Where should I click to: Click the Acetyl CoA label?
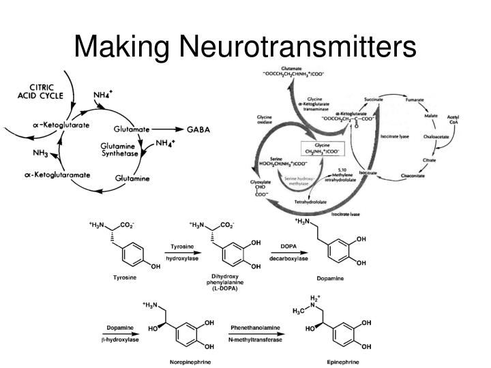(x=453, y=120)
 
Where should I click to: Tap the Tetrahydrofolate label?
(x=311, y=202)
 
